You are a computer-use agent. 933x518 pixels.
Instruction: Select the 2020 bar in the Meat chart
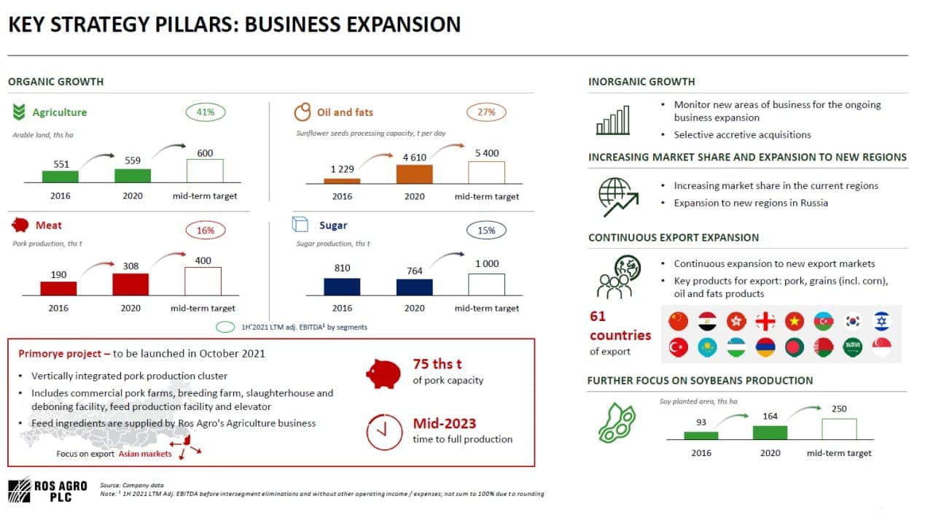130,285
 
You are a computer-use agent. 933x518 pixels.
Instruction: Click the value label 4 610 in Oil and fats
415,158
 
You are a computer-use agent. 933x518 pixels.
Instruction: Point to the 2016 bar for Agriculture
60,177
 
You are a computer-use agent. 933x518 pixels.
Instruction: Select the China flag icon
678,321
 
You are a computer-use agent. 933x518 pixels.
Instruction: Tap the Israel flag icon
882,321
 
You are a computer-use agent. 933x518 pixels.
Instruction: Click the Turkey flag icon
678,347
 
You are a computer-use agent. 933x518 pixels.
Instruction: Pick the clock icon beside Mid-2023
384,432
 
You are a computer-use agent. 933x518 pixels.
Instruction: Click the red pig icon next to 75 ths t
383,374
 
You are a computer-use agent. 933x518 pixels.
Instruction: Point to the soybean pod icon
617,422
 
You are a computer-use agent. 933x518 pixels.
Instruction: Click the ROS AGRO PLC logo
47,490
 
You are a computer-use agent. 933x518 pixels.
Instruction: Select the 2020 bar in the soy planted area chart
770,433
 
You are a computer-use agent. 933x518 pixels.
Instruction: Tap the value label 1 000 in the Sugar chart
487,263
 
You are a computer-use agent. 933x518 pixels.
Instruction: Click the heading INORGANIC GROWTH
641,82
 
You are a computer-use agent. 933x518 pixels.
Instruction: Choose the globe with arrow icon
618,197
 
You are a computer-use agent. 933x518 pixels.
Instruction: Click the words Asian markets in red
145,454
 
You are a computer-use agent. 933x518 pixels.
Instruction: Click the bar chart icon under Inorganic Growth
613,120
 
